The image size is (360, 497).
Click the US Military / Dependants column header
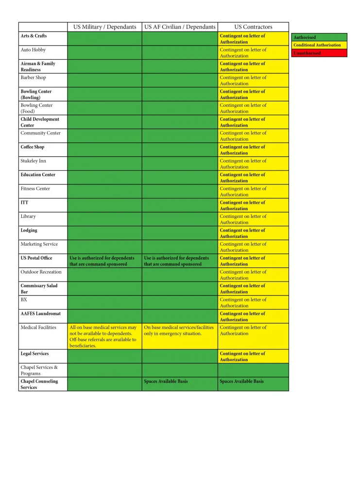point(104,27)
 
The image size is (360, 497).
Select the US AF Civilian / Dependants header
point(180,27)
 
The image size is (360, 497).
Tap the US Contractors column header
point(253,27)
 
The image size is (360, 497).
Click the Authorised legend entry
point(319,37)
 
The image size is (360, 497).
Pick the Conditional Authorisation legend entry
point(319,45)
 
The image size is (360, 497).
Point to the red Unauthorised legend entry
point(319,53)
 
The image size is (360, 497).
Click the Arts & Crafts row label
point(34,36)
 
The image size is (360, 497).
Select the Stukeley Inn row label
point(34,161)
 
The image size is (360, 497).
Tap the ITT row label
point(25,202)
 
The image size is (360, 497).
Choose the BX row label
point(24,299)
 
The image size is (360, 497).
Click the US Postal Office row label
point(36,258)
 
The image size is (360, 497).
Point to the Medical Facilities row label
point(38,328)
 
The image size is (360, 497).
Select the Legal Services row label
point(34,354)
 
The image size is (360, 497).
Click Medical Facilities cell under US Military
point(104,336)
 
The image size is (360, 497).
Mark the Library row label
point(28,216)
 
